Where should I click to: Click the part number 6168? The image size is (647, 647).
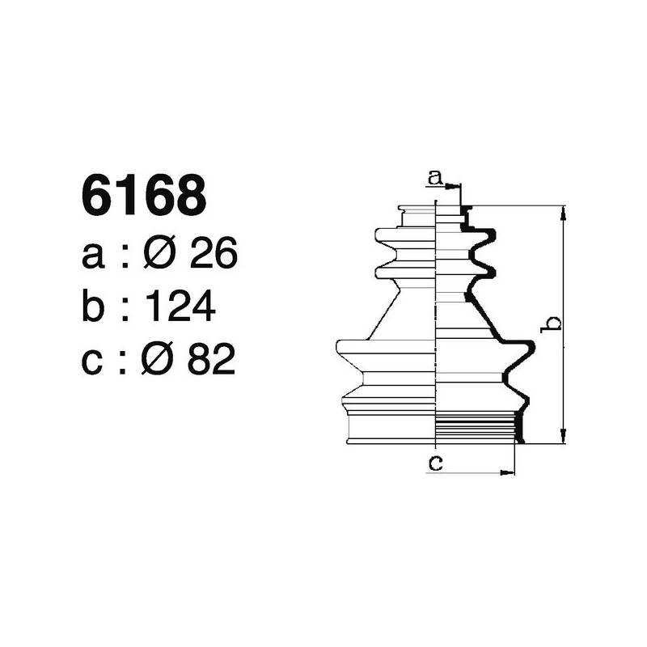(143, 197)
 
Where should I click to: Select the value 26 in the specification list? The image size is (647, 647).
(213, 256)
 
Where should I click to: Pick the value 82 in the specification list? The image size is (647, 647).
(212, 359)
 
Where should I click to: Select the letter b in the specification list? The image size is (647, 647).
(94, 307)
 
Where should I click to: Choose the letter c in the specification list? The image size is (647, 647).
(94, 361)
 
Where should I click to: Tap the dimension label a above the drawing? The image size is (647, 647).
(435, 177)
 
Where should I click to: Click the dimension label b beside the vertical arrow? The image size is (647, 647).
(552, 323)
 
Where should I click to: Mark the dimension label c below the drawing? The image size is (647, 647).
(435, 463)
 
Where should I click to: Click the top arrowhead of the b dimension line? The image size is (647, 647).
(563, 211)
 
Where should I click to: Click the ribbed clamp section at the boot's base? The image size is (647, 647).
(477, 426)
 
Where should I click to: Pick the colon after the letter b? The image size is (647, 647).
(125, 309)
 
